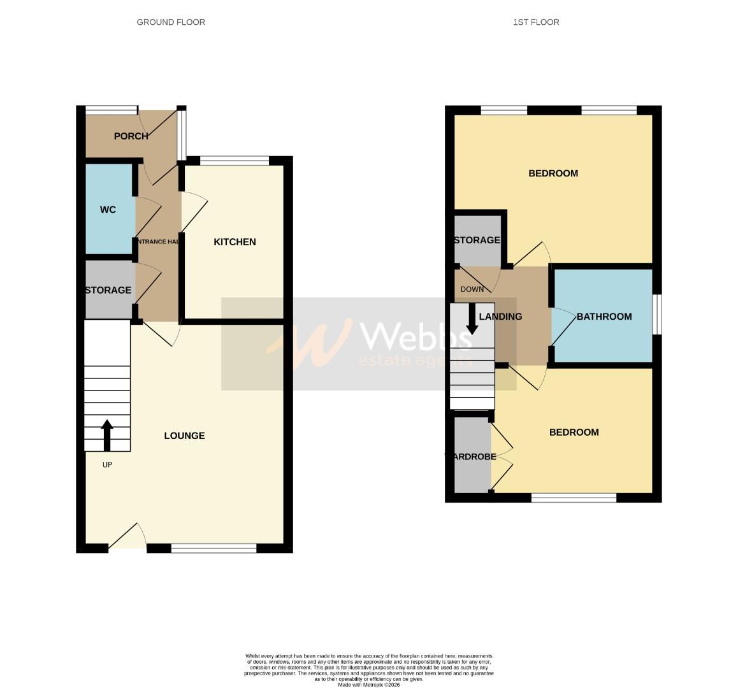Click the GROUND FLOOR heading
point(171,22)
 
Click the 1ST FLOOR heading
point(536,22)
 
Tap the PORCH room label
point(131,136)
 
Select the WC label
point(108,210)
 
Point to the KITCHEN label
point(235,242)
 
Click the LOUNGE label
point(184,436)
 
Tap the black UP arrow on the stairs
point(107,435)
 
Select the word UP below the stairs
point(107,465)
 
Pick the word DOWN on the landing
point(472,289)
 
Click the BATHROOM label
point(604,317)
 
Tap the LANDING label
point(500,317)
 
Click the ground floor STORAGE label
point(108,290)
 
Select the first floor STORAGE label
point(477,240)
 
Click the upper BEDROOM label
point(553,173)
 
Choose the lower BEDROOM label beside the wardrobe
point(574,433)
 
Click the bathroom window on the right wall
point(657,314)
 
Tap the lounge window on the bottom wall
point(213,548)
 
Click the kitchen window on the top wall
point(235,161)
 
